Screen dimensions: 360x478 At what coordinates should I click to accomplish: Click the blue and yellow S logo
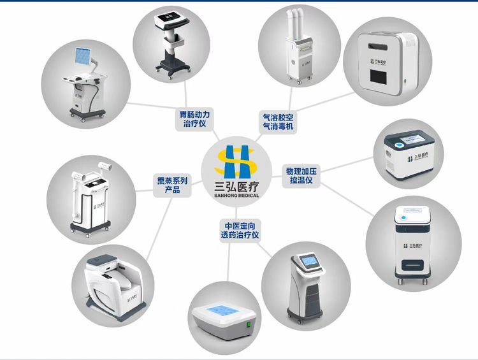(235, 162)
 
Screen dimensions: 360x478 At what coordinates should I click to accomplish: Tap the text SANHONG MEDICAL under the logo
(235, 195)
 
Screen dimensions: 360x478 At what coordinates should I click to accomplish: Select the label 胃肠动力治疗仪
(194, 119)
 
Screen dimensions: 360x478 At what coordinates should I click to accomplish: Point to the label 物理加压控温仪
(301, 175)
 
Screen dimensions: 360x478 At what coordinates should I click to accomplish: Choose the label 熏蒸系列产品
(172, 185)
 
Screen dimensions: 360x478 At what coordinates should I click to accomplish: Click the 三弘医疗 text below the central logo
(235, 185)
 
